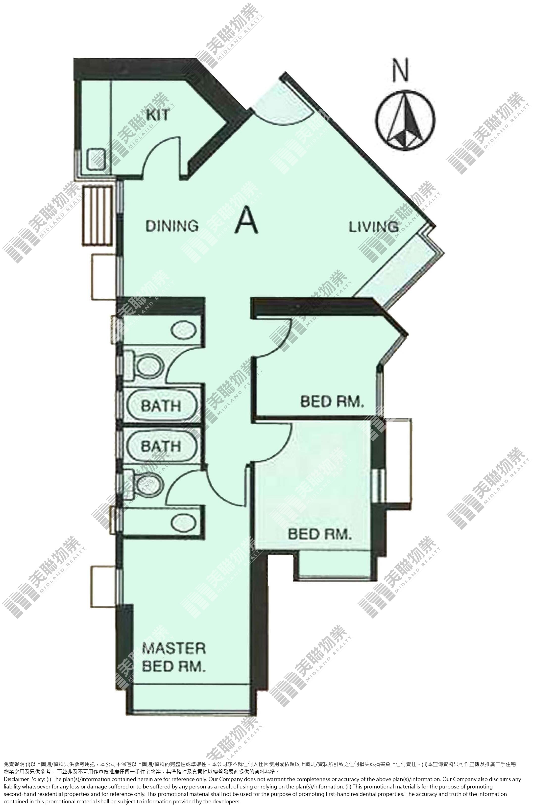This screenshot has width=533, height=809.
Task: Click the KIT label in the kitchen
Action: (x=158, y=115)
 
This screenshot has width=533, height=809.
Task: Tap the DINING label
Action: (x=172, y=226)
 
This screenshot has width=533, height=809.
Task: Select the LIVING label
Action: (x=374, y=227)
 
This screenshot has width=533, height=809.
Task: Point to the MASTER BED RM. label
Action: (x=174, y=657)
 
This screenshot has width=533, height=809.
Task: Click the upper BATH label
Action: (x=161, y=406)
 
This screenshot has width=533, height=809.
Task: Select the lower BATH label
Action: (x=161, y=446)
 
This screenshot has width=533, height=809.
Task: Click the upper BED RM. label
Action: (x=332, y=402)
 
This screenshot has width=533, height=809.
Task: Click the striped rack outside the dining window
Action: (x=97, y=215)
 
